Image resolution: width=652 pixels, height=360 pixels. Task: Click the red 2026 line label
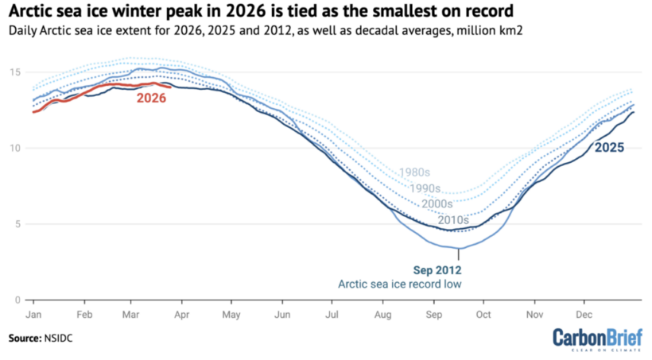click(151, 98)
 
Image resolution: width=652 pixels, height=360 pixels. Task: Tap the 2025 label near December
click(609, 147)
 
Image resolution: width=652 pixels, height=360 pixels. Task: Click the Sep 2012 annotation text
click(437, 270)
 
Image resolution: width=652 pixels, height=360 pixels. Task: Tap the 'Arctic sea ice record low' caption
click(401, 284)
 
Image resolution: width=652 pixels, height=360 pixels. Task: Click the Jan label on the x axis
click(33, 315)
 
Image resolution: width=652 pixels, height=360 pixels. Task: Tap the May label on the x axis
click(231, 315)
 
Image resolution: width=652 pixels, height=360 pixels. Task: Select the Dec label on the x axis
click(584, 315)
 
